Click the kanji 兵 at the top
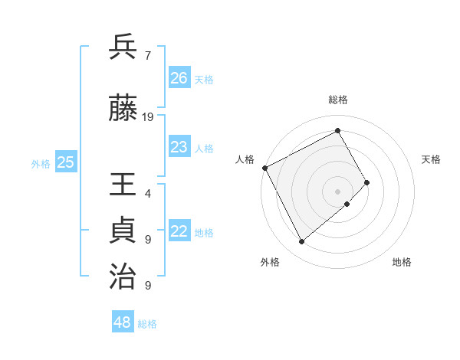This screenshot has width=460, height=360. tap(123, 47)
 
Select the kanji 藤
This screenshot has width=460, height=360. tap(123, 110)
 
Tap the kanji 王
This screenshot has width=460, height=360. tap(123, 187)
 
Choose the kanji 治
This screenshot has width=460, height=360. tap(123, 277)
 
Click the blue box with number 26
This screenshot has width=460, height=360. tap(179, 78)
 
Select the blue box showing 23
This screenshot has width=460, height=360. tap(179, 147)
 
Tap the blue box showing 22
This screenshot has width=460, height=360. tap(179, 232)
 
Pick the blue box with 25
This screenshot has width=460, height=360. tap(66, 162)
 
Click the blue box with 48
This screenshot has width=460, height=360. tap(123, 322)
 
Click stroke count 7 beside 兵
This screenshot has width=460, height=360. tap(147, 55)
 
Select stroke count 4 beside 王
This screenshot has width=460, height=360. tap(147, 194)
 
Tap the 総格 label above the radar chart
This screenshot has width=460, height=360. tap(338, 100)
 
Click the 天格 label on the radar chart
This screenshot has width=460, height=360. tap(431, 159)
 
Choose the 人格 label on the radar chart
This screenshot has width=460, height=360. tap(245, 159)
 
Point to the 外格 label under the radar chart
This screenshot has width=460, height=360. tap(270, 262)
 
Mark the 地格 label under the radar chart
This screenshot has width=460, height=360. tap(402, 262)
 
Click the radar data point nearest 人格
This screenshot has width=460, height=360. tap(264, 168)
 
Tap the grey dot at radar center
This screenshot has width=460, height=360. tap(337, 191)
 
